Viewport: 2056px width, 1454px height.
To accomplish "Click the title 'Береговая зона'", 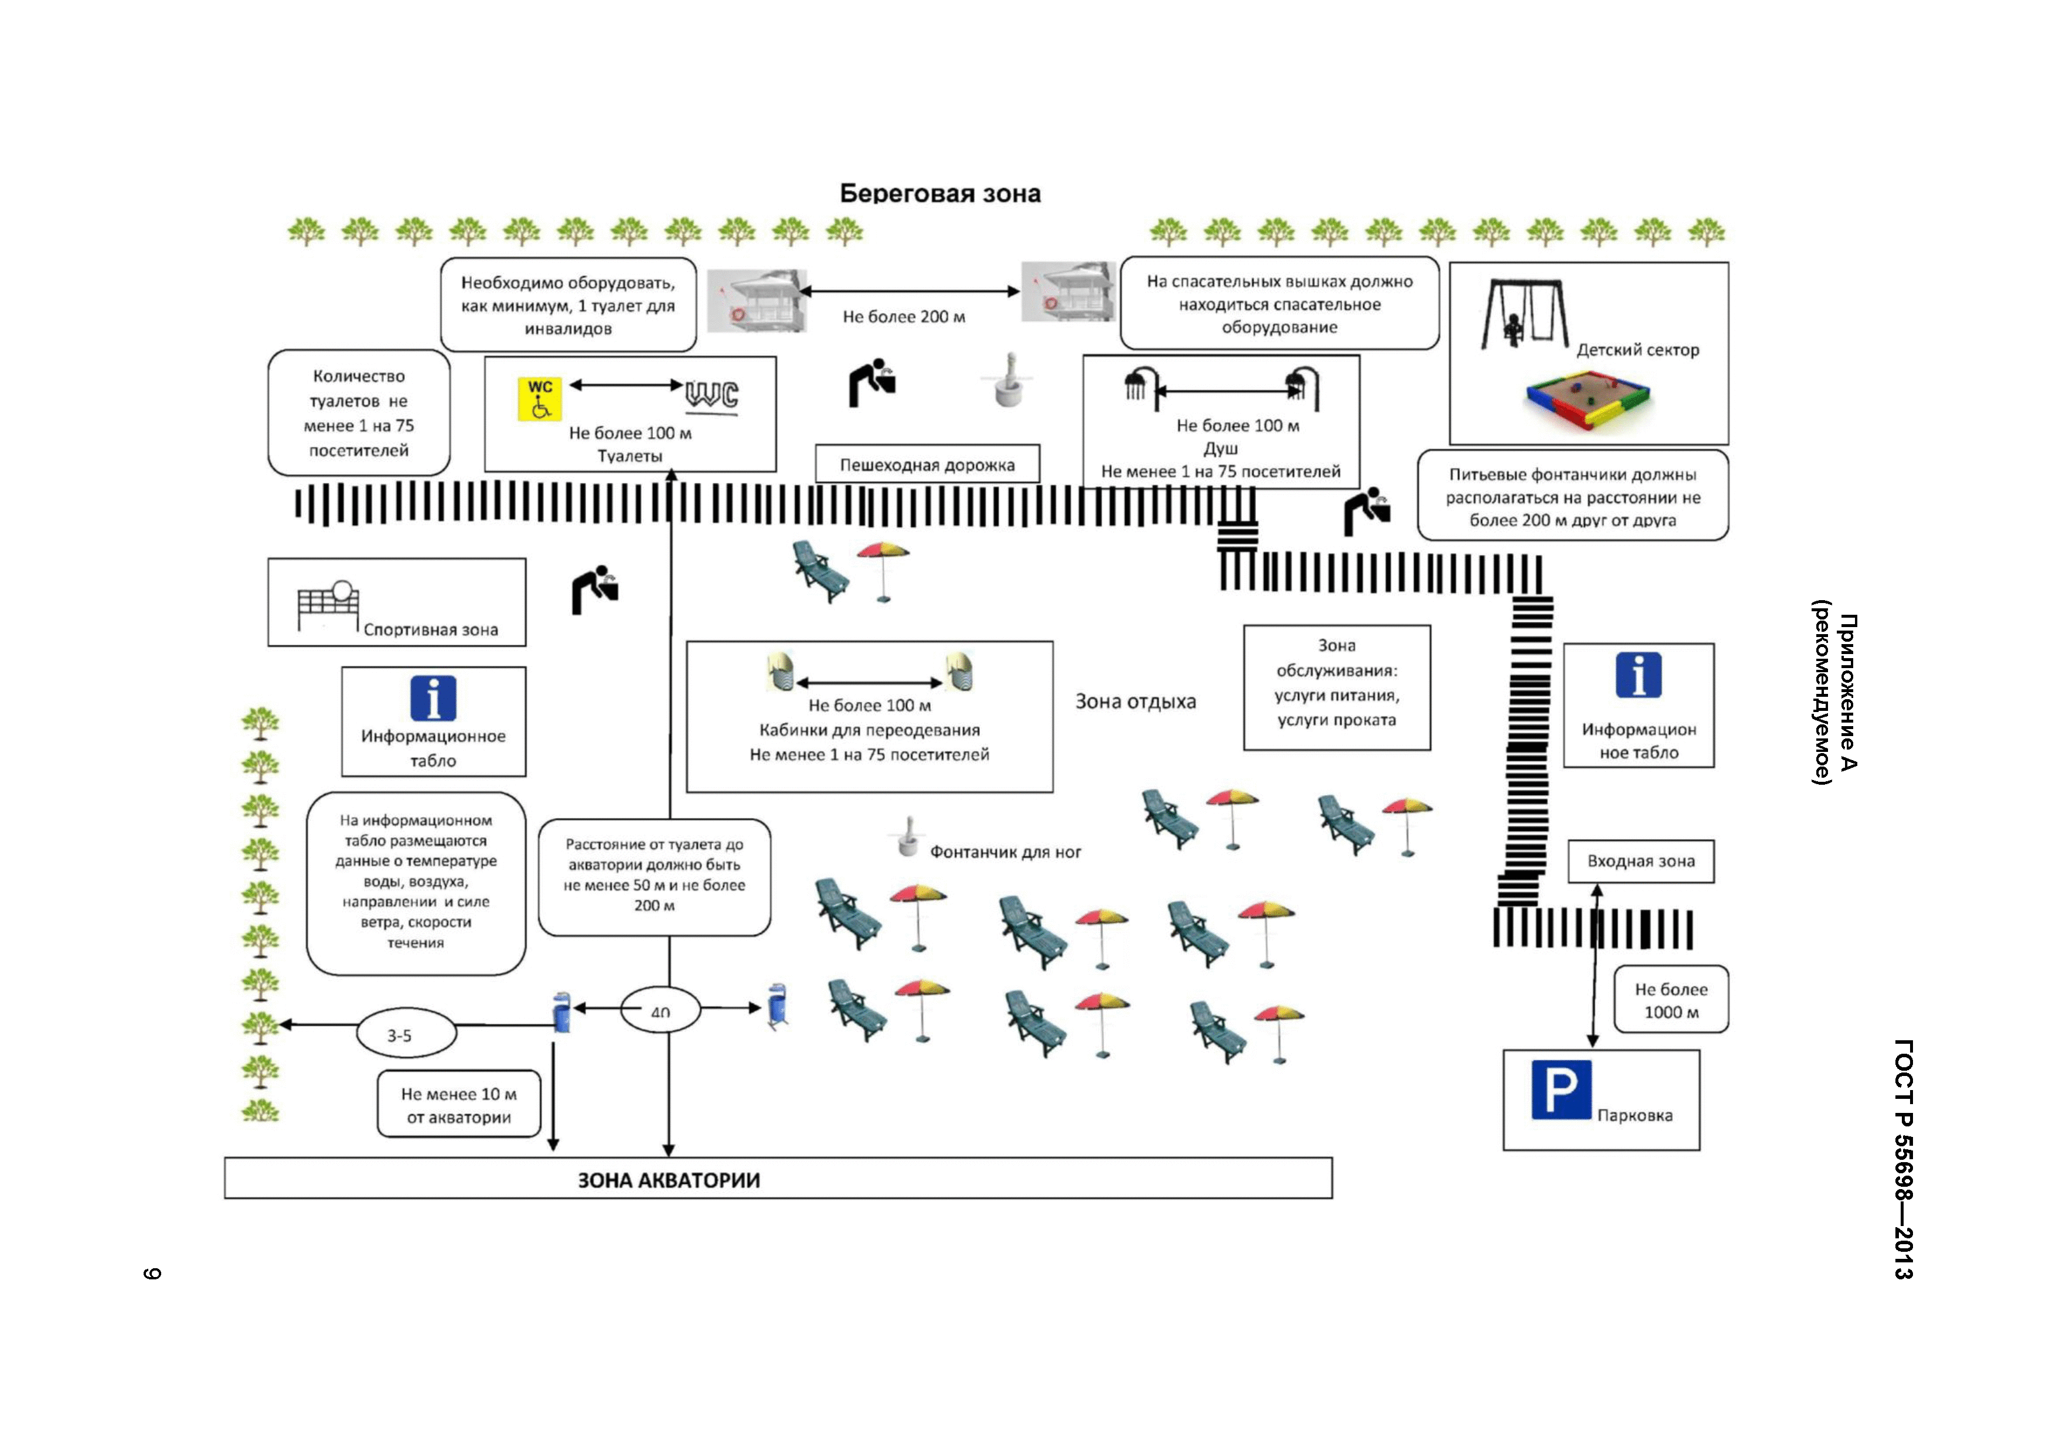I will tap(940, 193).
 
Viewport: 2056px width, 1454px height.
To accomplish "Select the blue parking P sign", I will tap(1561, 1089).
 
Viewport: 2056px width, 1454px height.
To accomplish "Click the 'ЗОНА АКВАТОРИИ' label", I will tap(668, 1180).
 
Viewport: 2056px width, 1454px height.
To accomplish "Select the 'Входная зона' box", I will tap(1640, 861).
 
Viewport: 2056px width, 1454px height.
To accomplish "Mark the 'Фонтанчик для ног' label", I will tap(1005, 852).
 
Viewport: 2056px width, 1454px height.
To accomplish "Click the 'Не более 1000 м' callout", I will tap(1671, 1000).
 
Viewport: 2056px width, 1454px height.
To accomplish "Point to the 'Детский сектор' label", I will tap(1637, 350).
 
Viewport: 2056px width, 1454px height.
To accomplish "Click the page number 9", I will tap(152, 1273).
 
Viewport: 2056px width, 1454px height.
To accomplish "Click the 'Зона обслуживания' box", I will tap(1336, 687).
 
